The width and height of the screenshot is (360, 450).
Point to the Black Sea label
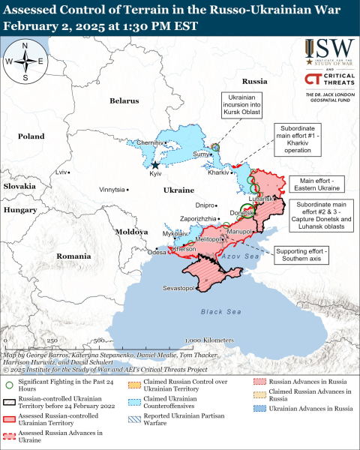click(217, 310)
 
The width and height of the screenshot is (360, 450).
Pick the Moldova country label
click(130, 232)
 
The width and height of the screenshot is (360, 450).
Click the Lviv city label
click(62, 172)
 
